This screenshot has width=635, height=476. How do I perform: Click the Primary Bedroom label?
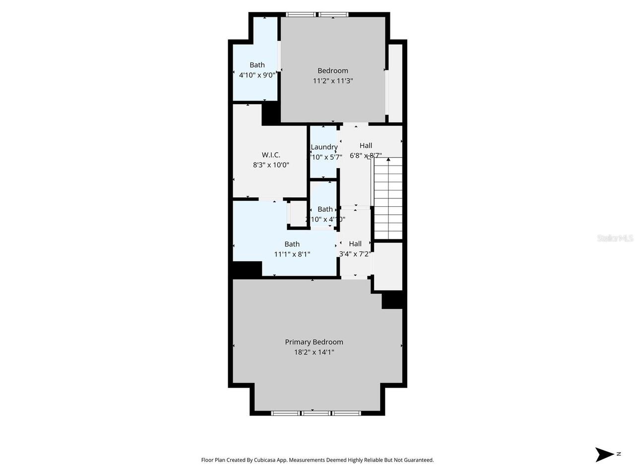coord(314,342)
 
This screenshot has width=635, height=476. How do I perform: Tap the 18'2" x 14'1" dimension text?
coord(314,353)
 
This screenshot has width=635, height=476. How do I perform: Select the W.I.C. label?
coord(271,155)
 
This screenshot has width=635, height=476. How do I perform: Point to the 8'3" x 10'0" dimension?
coord(271,165)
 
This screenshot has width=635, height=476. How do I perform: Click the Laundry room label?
coord(324,147)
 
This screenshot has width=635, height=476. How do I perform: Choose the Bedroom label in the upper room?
coord(332,71)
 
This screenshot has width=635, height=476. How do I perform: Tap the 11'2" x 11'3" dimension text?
coord(332,81)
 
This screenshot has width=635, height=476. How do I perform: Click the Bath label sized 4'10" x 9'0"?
coord(257,65)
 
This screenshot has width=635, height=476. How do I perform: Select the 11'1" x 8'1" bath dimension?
coord(292,254)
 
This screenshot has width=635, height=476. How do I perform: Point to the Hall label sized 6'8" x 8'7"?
coord(366,146)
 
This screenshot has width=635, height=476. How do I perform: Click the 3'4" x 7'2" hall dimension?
coord(355,254)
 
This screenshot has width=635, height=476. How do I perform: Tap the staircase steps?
coord(387,198)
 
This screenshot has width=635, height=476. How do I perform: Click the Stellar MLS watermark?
coord(615,238)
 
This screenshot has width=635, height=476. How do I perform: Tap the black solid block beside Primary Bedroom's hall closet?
coord(392,300)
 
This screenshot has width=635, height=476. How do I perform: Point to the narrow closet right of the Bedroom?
coord(395,83)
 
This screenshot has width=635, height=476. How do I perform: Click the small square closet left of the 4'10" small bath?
coord(298,214)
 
